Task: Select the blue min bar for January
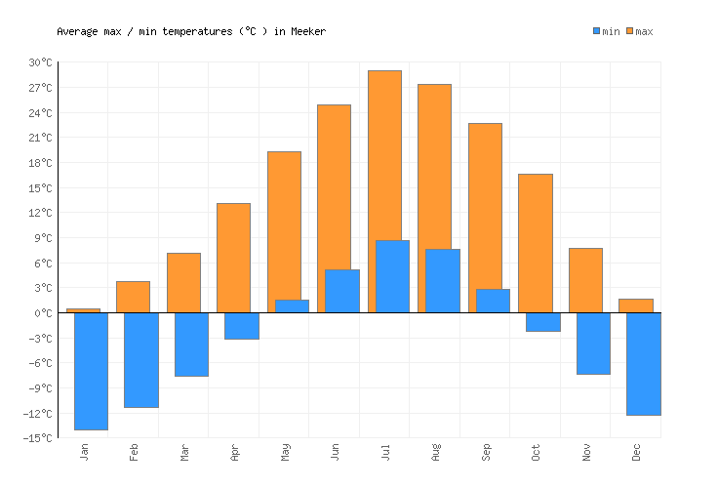click(91, 371)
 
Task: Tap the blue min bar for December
click(643, 364)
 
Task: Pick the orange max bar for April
click(233, 258)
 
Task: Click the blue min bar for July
click(392, 276)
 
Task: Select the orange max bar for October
click(535, 243)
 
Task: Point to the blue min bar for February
click(140, 360)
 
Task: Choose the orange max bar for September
click(485, 205)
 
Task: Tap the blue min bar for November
click(593, 344)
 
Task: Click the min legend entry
click(606, 31)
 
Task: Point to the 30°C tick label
click(40, 62)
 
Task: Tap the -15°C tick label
click(38, 438)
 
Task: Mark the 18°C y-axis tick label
click(40, 163)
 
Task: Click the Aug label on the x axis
click(435, 452)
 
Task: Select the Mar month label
click(184, 452)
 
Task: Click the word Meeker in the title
click(307, 31)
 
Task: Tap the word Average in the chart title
click(77, 31)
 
